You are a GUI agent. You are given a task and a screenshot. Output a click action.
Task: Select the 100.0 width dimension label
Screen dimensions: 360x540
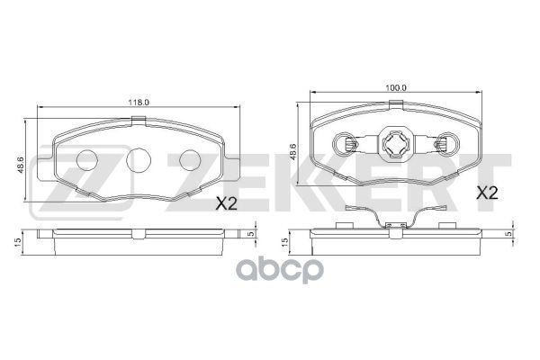tap(398, 87)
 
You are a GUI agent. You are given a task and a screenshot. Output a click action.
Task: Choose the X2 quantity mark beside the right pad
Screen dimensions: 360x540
tap(487, 192)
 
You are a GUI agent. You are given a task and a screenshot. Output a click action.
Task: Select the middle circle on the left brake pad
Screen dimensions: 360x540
tap(138, 160)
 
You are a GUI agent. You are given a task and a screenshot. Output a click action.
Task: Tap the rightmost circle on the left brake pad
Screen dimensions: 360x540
tap(190, 160)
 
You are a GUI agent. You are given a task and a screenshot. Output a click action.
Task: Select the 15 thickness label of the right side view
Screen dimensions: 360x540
tap(286, 241)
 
